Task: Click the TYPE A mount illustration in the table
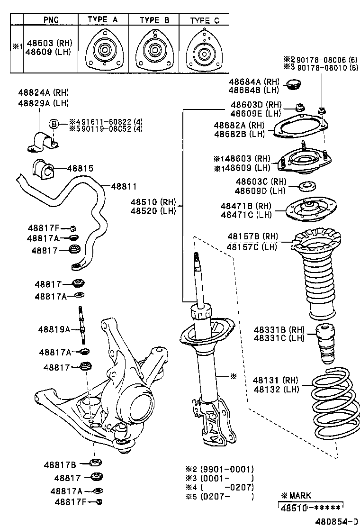click(103, 50)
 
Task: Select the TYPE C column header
click(205, 20)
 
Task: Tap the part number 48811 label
click(124, 187)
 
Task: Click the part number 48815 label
click(80, 168)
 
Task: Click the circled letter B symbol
click(54, 124)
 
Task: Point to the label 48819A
click(54, 329)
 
